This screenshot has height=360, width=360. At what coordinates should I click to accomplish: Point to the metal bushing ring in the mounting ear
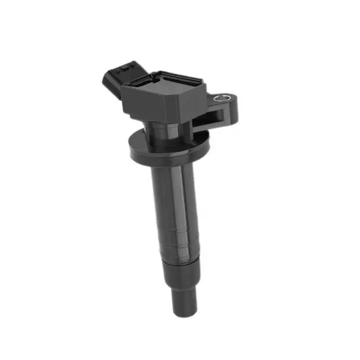pyautogui.click(x=225, y=99)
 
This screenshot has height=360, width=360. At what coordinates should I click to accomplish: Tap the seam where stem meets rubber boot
pyautogui.click(x=179, y=260)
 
